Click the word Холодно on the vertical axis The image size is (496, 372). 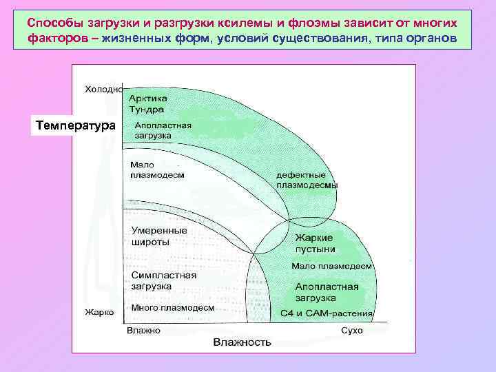[x=103, y=89]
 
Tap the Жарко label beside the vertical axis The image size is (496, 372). [x=99, y=312]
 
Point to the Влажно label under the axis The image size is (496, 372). [x=143, y=331]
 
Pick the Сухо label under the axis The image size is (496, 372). [x=351, y=331]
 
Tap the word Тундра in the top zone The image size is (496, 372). [x=146, y=109]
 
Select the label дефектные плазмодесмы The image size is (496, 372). [x=307, y=180]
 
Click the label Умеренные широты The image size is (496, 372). [x=159, y=236]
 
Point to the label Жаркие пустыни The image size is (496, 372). [x=315, y=242]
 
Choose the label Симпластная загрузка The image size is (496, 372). [x=163, y=280]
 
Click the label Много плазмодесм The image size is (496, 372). [x=172, y=307]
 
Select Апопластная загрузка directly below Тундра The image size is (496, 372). [x=163, y=131]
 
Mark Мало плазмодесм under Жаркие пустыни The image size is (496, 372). [x=331, y=265]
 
